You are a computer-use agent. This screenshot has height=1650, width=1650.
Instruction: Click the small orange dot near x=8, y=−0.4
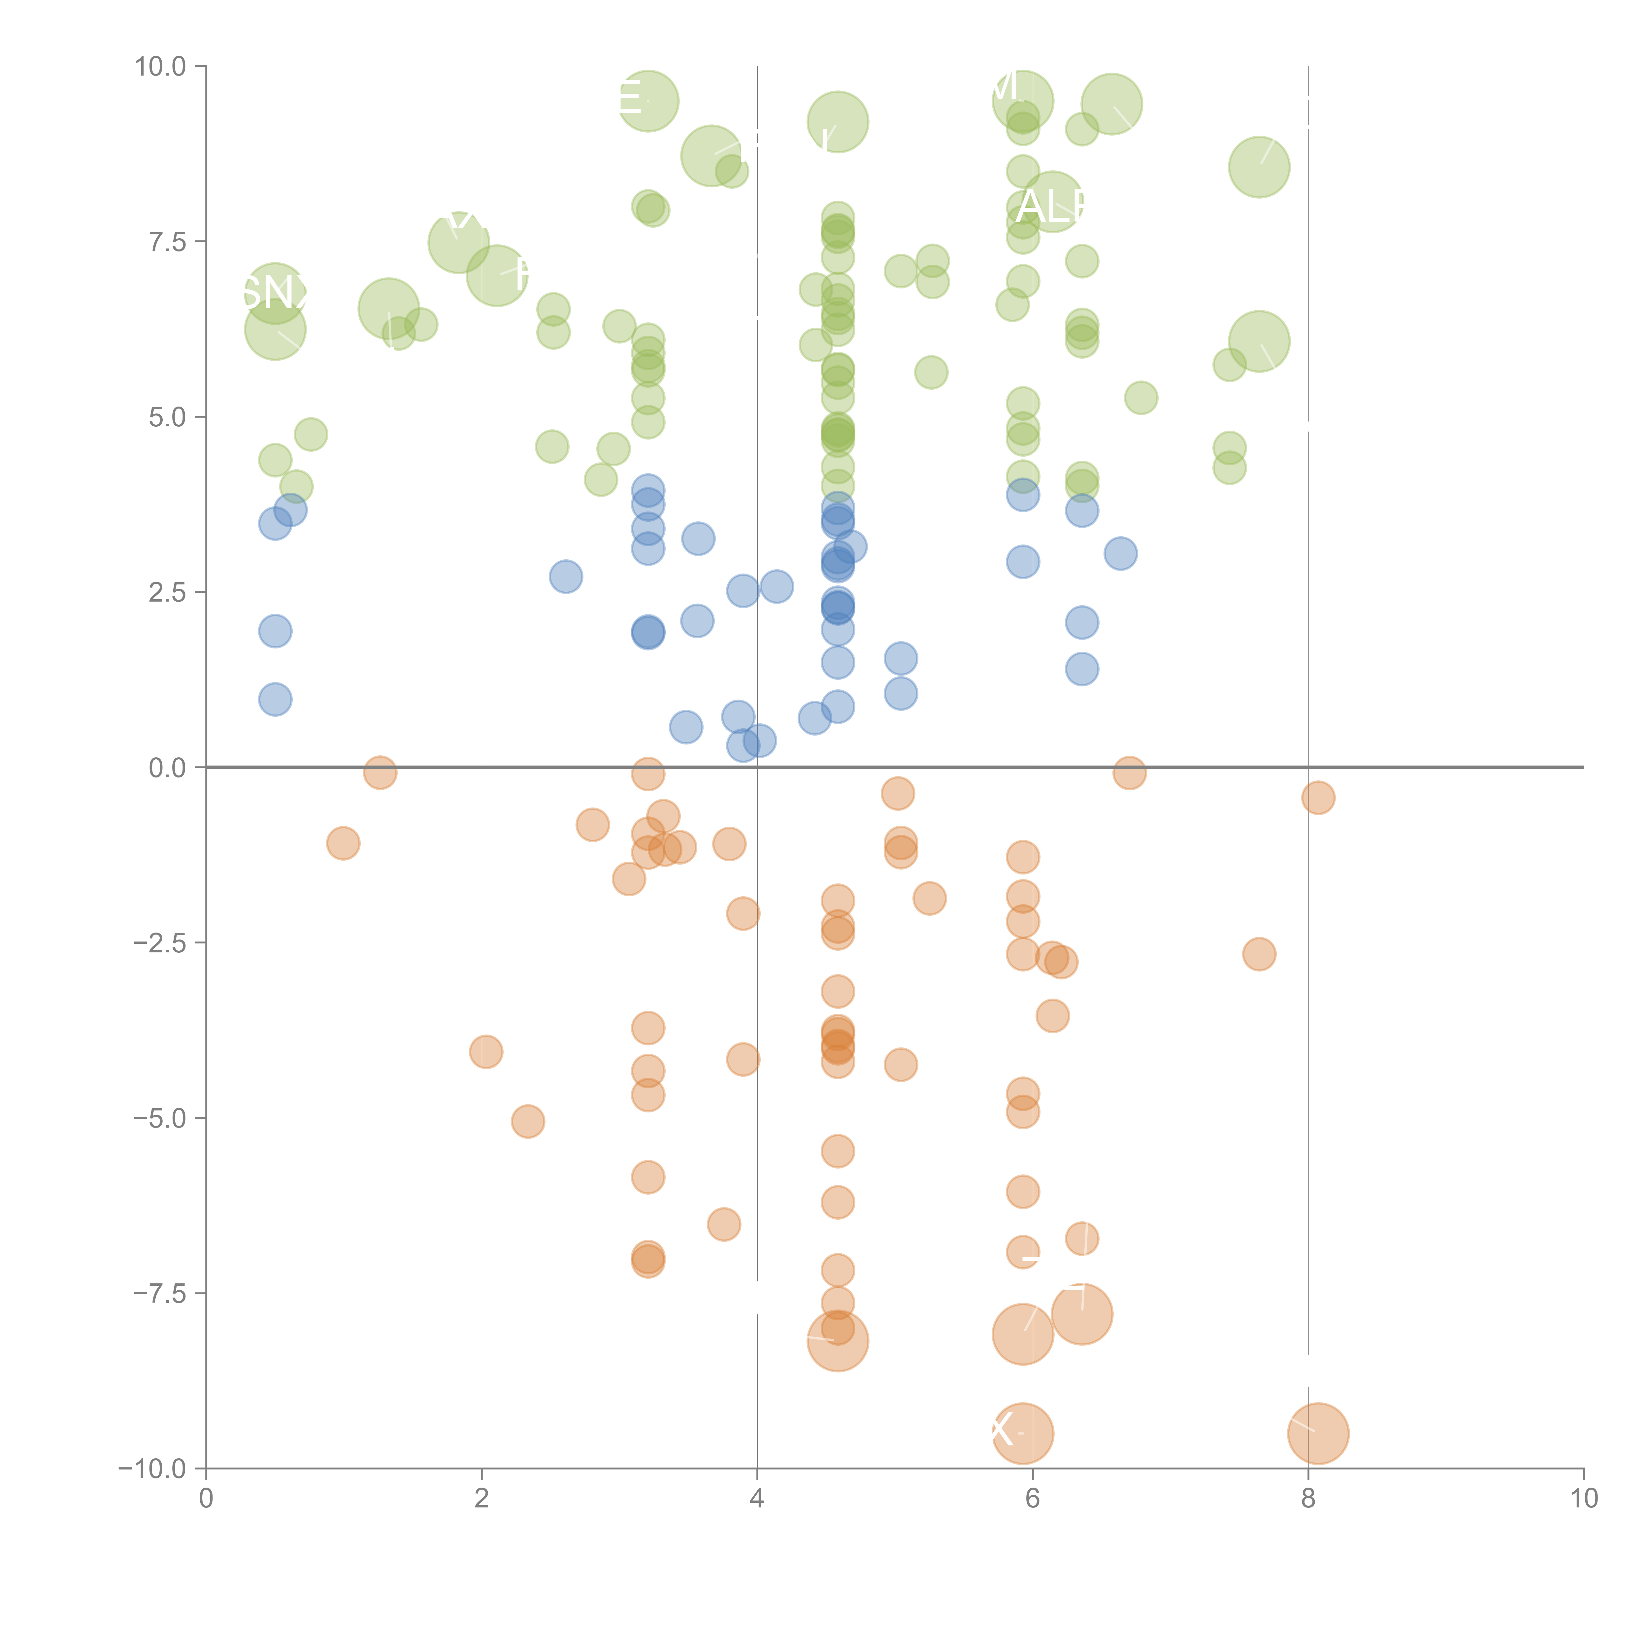pyautogui.click(x=1318, y=798)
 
